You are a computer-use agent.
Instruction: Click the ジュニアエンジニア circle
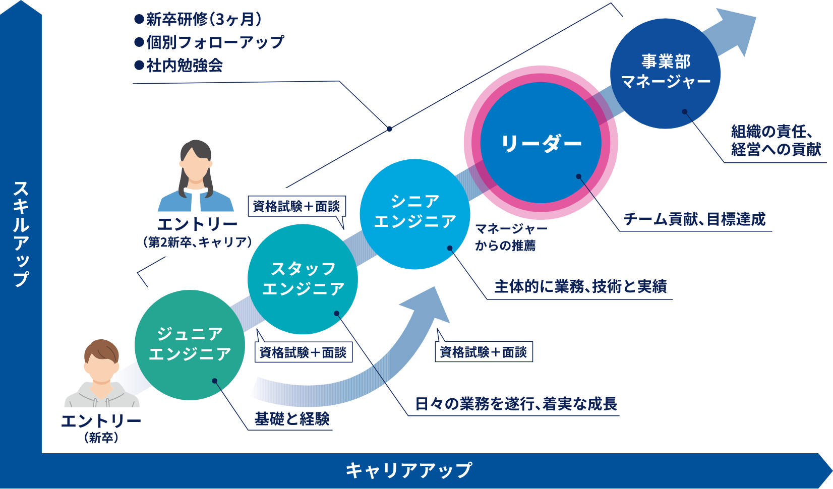[190, 345]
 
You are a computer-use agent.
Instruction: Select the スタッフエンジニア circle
[303, 279]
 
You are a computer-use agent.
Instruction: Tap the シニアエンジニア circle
[415, 214]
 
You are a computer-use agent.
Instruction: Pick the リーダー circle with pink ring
[541, 143]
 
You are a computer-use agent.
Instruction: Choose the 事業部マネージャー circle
[665, 74]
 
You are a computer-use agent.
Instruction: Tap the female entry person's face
[196, 166]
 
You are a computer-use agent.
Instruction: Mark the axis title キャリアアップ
[409, 470]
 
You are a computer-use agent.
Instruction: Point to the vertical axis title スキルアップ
[21, 234]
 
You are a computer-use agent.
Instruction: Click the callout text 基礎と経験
[292, 419]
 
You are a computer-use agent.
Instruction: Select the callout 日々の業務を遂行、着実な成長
[516, 404]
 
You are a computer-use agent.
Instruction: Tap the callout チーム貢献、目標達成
[694, 219]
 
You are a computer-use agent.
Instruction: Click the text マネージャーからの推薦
[511, 237]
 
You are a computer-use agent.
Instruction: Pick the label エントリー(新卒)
[101, 429]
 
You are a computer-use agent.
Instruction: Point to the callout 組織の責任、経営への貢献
[776, 141]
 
